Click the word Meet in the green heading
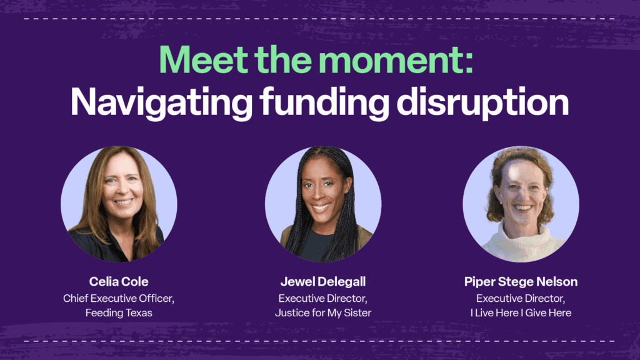pos(203,59)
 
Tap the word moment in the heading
pos(390,61)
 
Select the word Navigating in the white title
pos(161,103)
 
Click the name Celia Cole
pos(119,281)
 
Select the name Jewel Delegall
pos(323,281)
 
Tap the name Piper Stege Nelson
pos(521,281)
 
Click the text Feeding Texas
pos(119,312)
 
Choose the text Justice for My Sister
pos(323,312)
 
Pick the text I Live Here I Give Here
pos(521,312)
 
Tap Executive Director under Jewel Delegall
pos(323,298)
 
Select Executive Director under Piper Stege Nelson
pos(521,298)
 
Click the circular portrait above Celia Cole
pos(119,204)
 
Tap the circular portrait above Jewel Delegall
pos(323,204)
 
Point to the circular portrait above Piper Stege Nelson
pos(521,204)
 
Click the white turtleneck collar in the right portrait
pos(522,238)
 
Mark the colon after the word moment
pos(469,64)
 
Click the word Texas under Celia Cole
pos(139,312)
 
